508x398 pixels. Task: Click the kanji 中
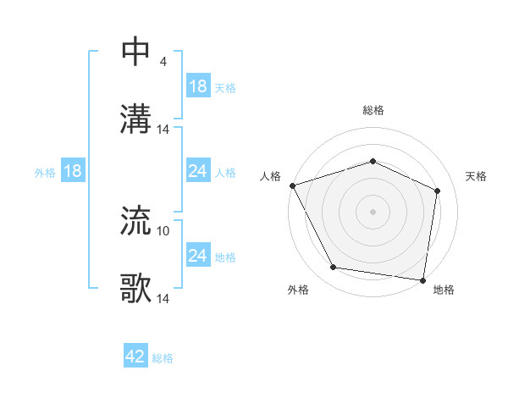click(136, 52)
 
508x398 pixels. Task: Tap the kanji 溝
click(136, 119)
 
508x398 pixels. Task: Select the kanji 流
click(136, 221)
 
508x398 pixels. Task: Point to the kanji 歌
click(136, 289)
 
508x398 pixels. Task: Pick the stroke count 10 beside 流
click(164, 230)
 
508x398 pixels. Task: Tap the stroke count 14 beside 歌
click(164, 298)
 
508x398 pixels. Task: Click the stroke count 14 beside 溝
click(164, 129)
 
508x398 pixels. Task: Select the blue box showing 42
click(135, 357)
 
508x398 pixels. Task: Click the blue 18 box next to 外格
click(73, 172)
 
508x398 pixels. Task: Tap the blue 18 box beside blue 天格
click(198, 86)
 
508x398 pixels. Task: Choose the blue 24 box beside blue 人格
click(198, 172)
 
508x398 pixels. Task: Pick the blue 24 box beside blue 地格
click(198, 256)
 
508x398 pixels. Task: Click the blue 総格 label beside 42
click(163, 358)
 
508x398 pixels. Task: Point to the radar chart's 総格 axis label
click(373, 110)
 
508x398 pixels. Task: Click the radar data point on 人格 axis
click(292, 185)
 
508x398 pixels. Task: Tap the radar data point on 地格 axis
click(422, 279)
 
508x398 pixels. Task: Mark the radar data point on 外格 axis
click(334, 268)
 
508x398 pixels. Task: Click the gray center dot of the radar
click(373, 212)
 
